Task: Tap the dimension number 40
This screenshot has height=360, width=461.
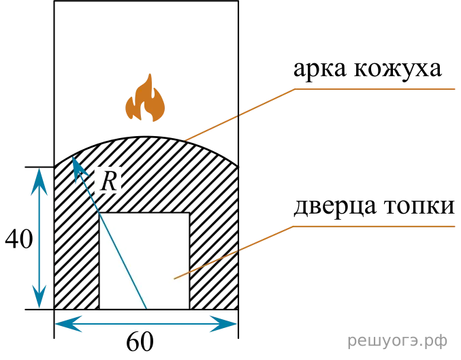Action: tap(19, 239)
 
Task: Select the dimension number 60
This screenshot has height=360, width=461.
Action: tap(140, 342)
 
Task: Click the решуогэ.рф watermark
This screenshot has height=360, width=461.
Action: tap(398, 341)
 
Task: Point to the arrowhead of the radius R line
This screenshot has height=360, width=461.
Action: tap(77, 166)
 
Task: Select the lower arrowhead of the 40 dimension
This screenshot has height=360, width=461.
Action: tap(39, 295)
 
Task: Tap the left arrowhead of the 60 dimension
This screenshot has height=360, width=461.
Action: tap(69, 324)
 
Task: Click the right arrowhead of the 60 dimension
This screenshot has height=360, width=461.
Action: tap(223, 324)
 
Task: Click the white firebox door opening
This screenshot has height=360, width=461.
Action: tap(144, 261)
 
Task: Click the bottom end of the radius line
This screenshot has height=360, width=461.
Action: tap(146, 309)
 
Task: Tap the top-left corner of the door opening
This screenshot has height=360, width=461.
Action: tap(99, 212)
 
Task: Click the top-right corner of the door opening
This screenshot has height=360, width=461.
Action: tap(189, 212)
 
